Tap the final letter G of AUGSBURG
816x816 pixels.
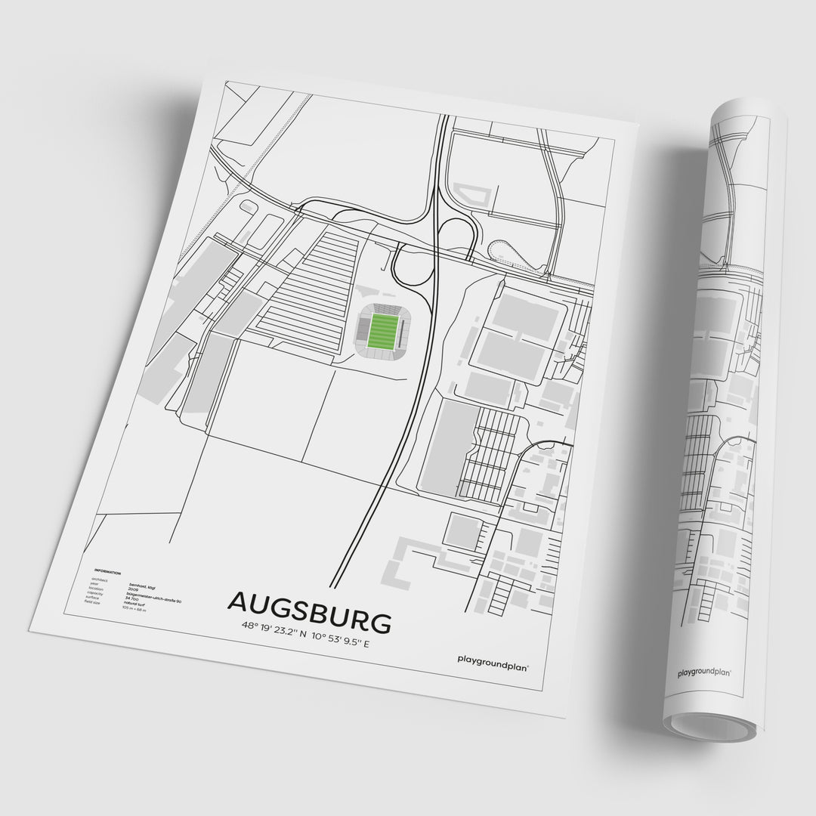(379, 623)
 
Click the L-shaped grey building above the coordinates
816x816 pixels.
(408, 559)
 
